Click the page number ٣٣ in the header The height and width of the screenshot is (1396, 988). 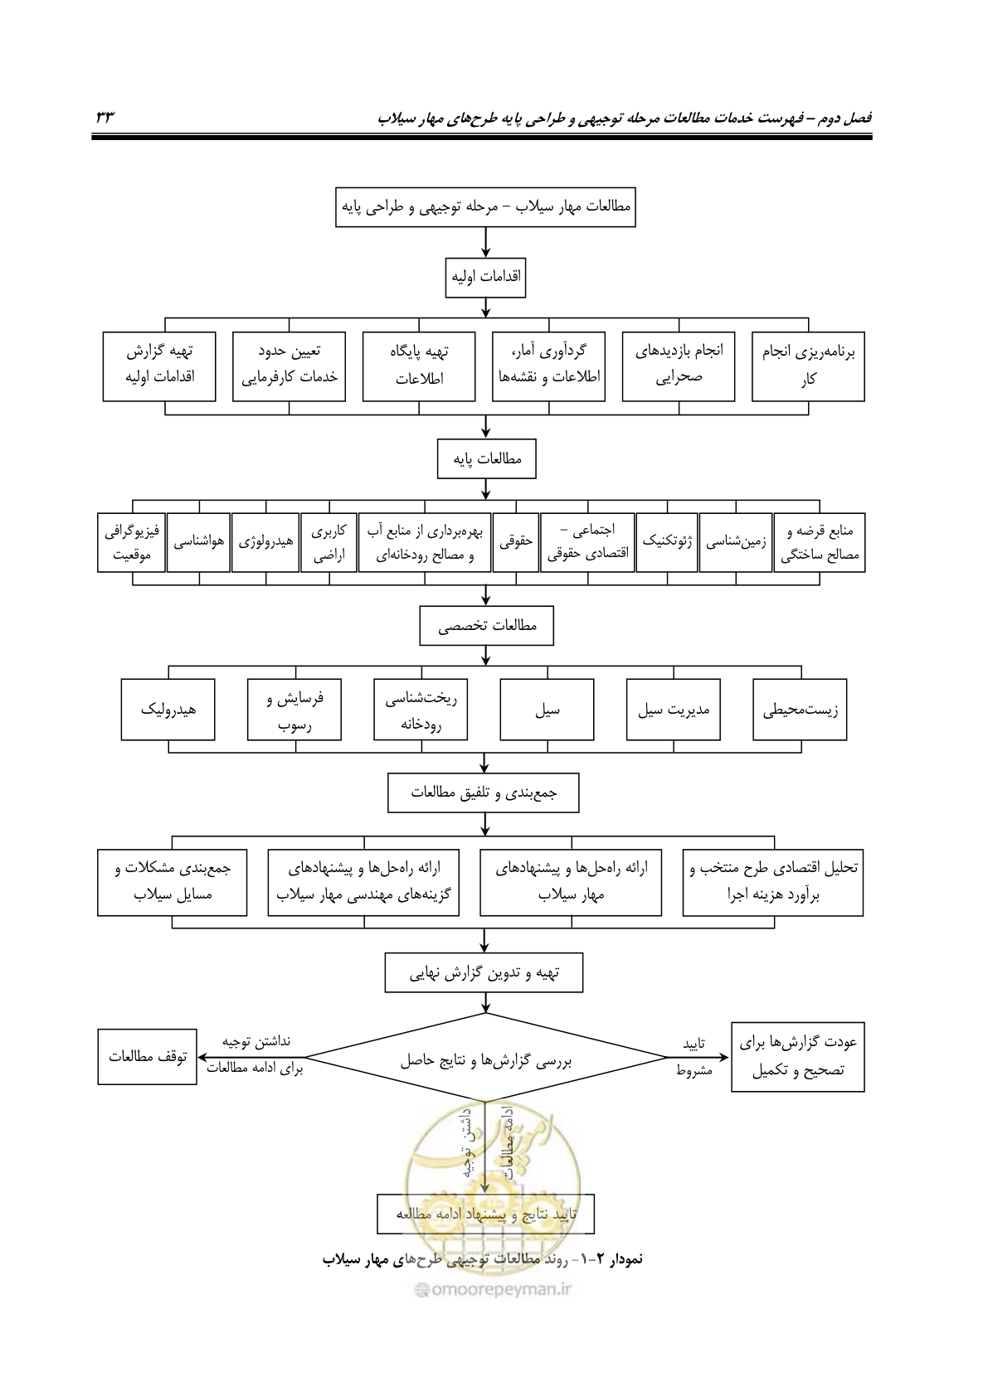coord(105,117)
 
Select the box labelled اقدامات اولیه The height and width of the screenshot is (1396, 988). coord(485,278)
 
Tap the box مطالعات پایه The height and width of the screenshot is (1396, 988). coord(486,458)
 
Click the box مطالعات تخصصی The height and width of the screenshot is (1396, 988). coord(486,626)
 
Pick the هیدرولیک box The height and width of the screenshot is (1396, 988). coord(168,710)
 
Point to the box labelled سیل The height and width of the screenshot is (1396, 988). coord(547,710)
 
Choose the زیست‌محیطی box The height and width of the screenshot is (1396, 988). coord(800,710)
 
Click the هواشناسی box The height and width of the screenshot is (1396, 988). coord(199,542)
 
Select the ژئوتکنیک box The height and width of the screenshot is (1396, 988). coord(667,542)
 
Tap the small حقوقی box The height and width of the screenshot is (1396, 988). coord(516,542)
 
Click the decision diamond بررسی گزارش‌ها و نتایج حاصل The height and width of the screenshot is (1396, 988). coord(485,1058)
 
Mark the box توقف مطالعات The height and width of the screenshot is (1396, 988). coord(147,1057)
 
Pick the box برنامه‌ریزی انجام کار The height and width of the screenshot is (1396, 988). coord(808,366)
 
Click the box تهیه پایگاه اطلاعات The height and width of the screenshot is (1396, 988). coord(419,366)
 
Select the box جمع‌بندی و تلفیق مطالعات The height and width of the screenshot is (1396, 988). coord(484,793)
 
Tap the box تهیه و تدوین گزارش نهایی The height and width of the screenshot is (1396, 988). coord(484,972)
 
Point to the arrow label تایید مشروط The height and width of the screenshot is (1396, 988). coord(694,1057)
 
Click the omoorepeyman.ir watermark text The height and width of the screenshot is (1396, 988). coord(494,1289)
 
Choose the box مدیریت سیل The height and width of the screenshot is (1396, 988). coord(674,710)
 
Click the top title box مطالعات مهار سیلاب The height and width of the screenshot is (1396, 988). coord(485,207)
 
